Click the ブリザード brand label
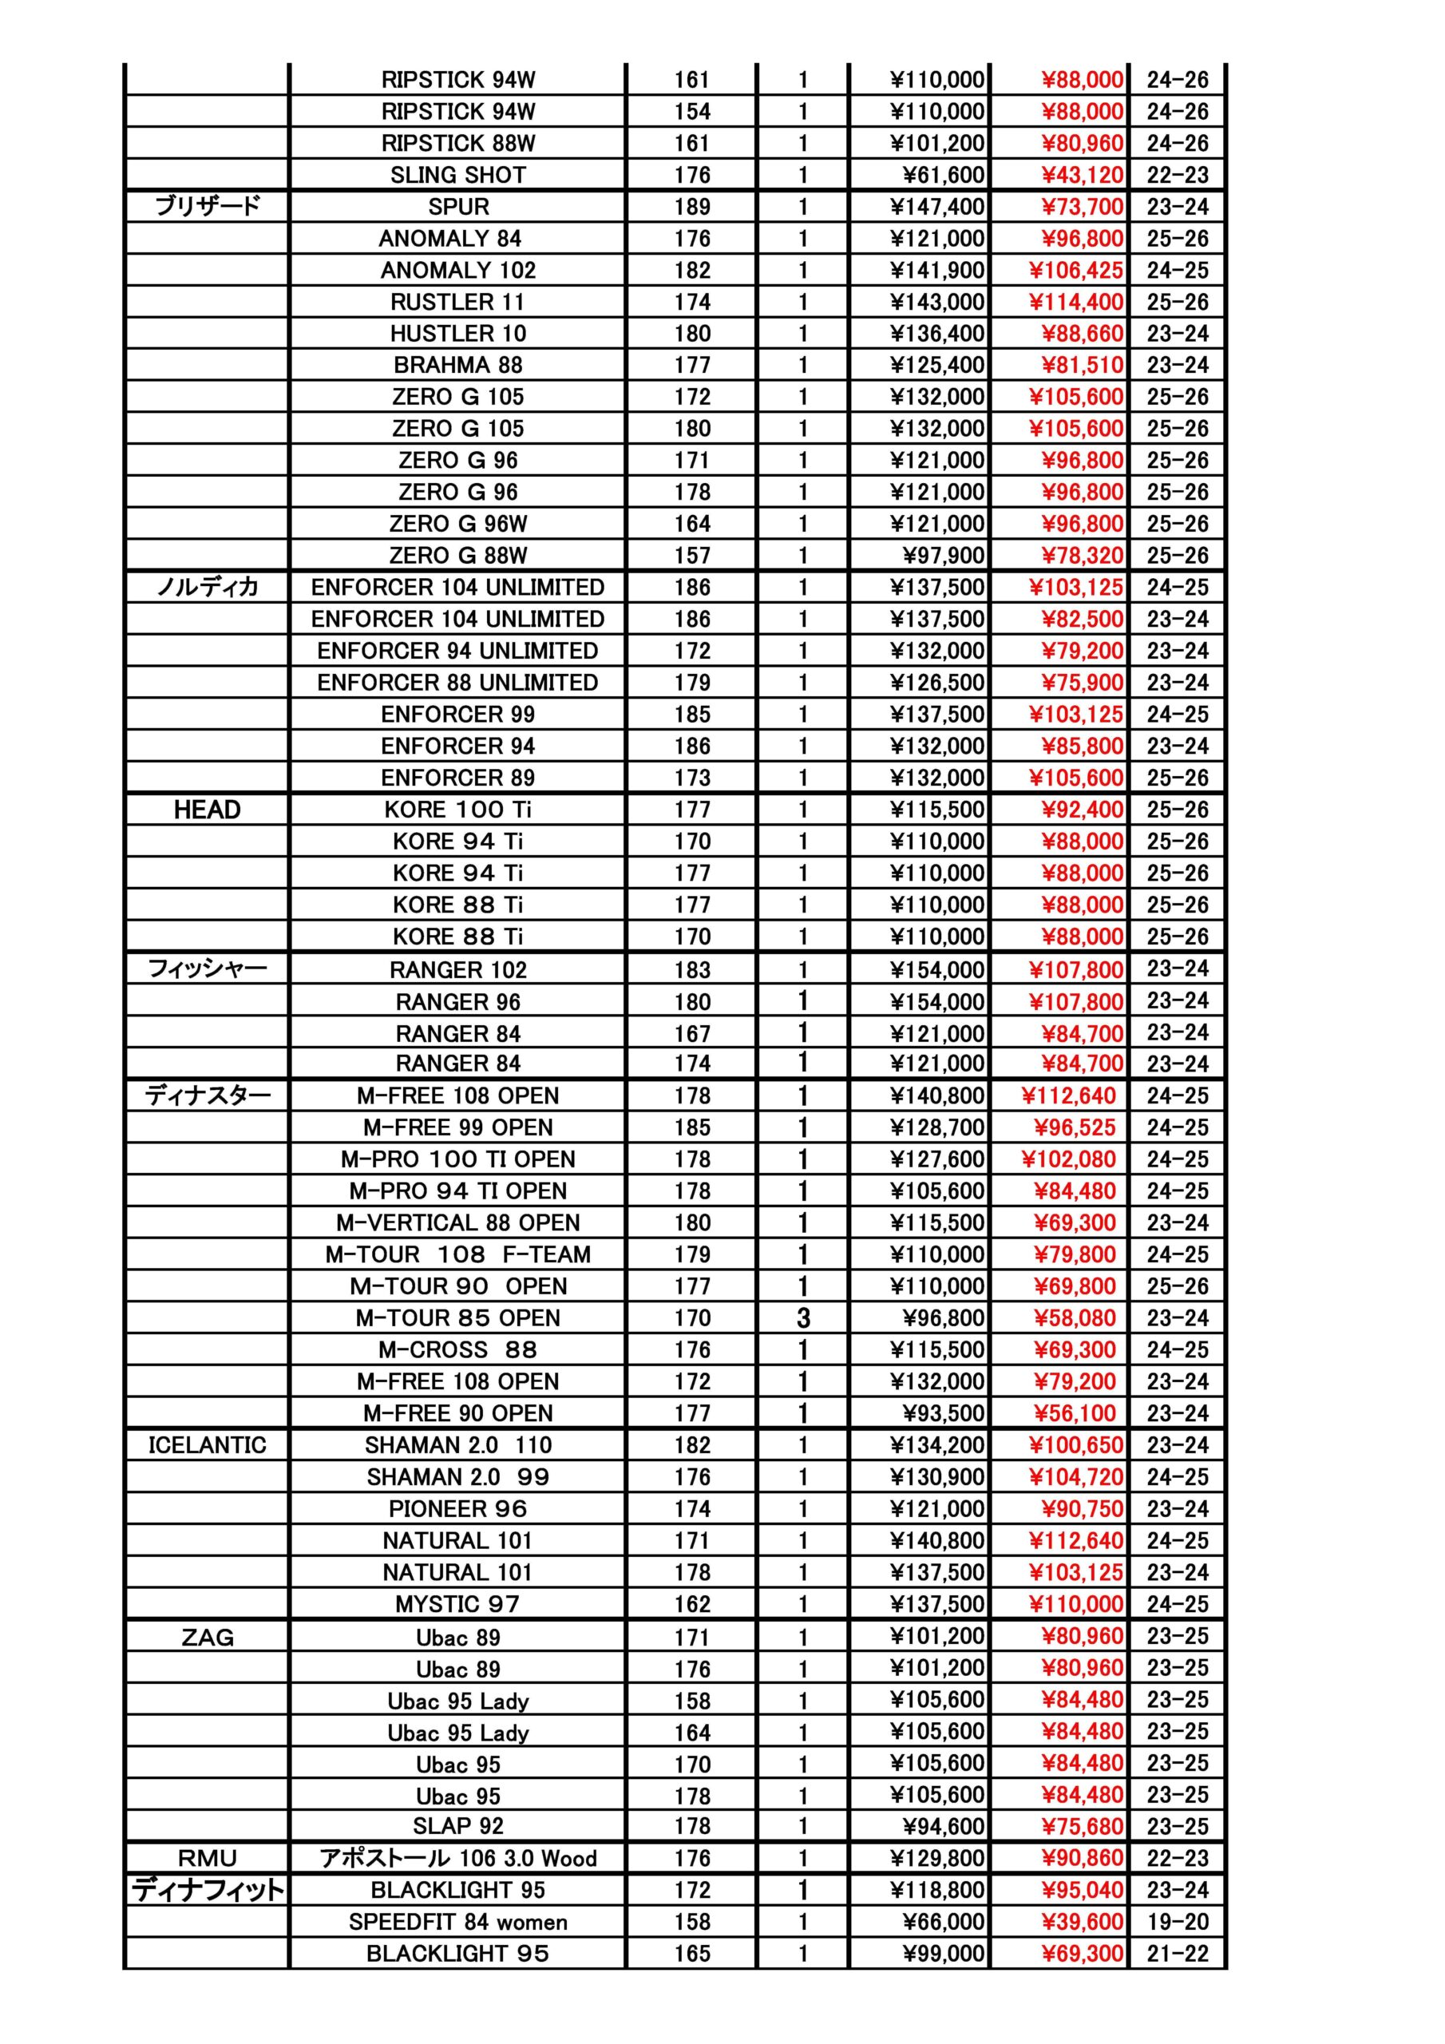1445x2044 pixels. click(208, 207)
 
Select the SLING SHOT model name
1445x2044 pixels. click(457, 176)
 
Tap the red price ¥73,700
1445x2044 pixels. click(1082, 208)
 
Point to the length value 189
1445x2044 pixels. click(692, 208)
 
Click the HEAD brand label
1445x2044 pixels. click(208, 810)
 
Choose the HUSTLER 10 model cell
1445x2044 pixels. click(457, 334)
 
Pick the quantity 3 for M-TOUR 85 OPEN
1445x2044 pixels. click(803, 1318)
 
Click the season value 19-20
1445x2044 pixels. click(1177, 1921)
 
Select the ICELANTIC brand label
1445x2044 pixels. click(208, 1445)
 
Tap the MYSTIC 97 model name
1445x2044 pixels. click(457, 1604)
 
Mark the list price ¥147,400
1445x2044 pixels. click(937, 208)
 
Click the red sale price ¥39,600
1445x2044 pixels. click(1082, 1921)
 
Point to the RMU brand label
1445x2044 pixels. click(208, 1858)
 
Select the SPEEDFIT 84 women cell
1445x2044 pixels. click(457, 1921)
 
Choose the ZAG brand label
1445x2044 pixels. click(208, 1637)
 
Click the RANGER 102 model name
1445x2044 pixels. click(457, 969)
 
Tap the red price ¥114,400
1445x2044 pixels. click(1075, 303)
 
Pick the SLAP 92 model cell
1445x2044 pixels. click(457, 1826)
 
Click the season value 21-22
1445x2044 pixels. click(1177, 1953)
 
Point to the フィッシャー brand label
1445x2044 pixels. click(208, 969)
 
